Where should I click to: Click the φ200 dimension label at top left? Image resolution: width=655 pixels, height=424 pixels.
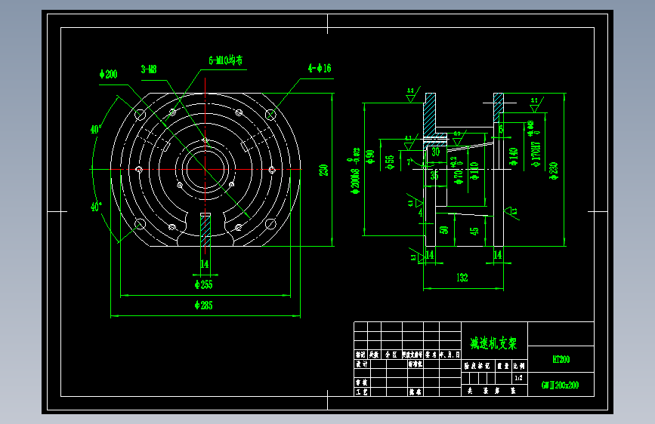[109, 74]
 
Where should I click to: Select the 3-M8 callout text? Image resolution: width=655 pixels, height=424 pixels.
[149, 69]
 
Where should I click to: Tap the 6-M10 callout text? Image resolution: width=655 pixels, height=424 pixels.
[227, 60]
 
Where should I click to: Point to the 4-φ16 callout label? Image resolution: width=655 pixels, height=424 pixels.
[320, 69]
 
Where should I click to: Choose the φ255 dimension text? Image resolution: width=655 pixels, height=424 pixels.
[204, 284]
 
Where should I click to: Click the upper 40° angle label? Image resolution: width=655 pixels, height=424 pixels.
[96, 129]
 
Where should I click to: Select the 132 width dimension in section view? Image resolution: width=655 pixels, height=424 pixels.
[462, 278]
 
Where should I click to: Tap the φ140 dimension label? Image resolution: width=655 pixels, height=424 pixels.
[514, 156]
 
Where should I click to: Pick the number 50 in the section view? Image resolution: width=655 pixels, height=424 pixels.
[444, 229]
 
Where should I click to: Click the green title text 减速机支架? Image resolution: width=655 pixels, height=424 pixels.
[493, 343]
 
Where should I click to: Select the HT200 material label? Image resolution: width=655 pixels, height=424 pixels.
[561, 360]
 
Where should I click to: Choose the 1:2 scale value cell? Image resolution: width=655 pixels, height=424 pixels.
[518, 377]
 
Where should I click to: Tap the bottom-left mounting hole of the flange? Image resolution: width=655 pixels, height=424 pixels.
[140, 223]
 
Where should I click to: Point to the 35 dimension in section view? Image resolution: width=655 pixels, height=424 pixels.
[434, 175]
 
